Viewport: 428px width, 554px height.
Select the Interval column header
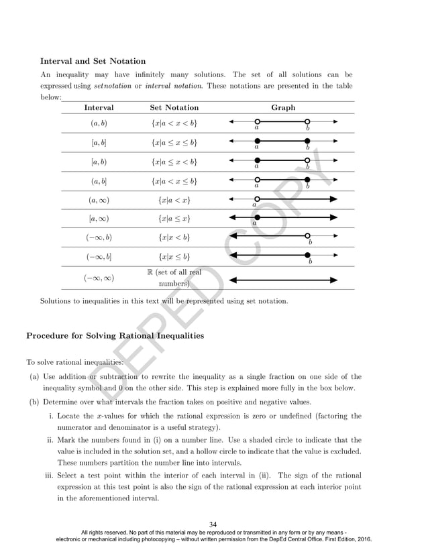[99, 107]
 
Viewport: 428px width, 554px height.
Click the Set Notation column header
[174, 107]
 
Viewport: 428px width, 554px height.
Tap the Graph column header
[282, 107]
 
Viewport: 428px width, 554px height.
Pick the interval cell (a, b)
[99, 123]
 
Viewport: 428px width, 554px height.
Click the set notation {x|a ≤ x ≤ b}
[174, 143]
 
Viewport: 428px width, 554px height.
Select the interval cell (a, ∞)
[99, 200]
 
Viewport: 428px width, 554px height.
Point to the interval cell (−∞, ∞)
[99, 278]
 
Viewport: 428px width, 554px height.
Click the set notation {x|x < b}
[174, 237]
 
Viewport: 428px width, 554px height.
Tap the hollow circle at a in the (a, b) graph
[257, 122]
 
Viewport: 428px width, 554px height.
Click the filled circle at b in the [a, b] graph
[307, 142]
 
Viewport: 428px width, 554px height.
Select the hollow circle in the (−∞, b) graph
[307, 236]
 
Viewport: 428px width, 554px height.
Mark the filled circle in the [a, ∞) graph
[257, 217]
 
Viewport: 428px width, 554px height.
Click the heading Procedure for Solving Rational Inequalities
[115, 335]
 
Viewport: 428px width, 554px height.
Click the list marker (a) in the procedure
[33, 376]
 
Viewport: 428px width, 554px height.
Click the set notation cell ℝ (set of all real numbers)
[174, 278]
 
